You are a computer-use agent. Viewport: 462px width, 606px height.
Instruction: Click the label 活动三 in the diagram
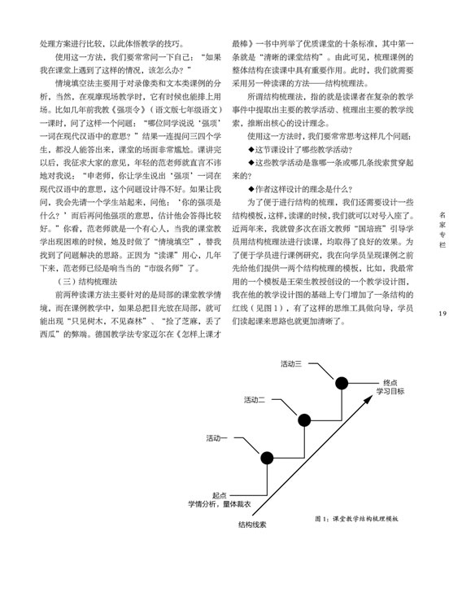[x=291, y=363]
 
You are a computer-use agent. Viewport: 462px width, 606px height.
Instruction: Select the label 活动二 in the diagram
[x=255, y=400]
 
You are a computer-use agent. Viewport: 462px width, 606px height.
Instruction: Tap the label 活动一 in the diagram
[x=216, y=438]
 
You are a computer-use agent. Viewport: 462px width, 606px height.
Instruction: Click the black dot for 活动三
[x=342, y=383]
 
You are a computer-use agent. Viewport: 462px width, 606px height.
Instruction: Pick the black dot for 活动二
[x=304, y=420]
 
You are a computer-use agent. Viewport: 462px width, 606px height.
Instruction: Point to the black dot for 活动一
[x=267, y=458]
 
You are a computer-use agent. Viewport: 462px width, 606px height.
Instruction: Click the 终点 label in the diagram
[x=390, y=383]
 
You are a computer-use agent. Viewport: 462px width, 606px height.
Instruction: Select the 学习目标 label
[x=390, y=391]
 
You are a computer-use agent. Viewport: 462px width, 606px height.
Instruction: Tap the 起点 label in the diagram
[x=220, y=495]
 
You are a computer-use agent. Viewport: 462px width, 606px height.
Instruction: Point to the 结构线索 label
[x=252, y=525]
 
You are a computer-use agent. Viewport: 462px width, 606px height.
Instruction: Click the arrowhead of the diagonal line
[x=369, y=398]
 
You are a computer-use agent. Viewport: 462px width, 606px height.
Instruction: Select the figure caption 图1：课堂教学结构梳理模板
[x=356, y=519]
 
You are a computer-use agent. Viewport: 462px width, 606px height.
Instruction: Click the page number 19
[x=442, y=314]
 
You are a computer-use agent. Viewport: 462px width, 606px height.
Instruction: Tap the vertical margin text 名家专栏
[x=442, y=230]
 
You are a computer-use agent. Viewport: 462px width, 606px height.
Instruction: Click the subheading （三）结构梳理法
[x=86, y=282]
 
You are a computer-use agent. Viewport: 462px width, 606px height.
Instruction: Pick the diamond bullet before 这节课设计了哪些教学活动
[x=251, y=150]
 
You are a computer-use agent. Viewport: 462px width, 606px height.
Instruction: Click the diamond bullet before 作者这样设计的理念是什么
[x=251, y=189]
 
